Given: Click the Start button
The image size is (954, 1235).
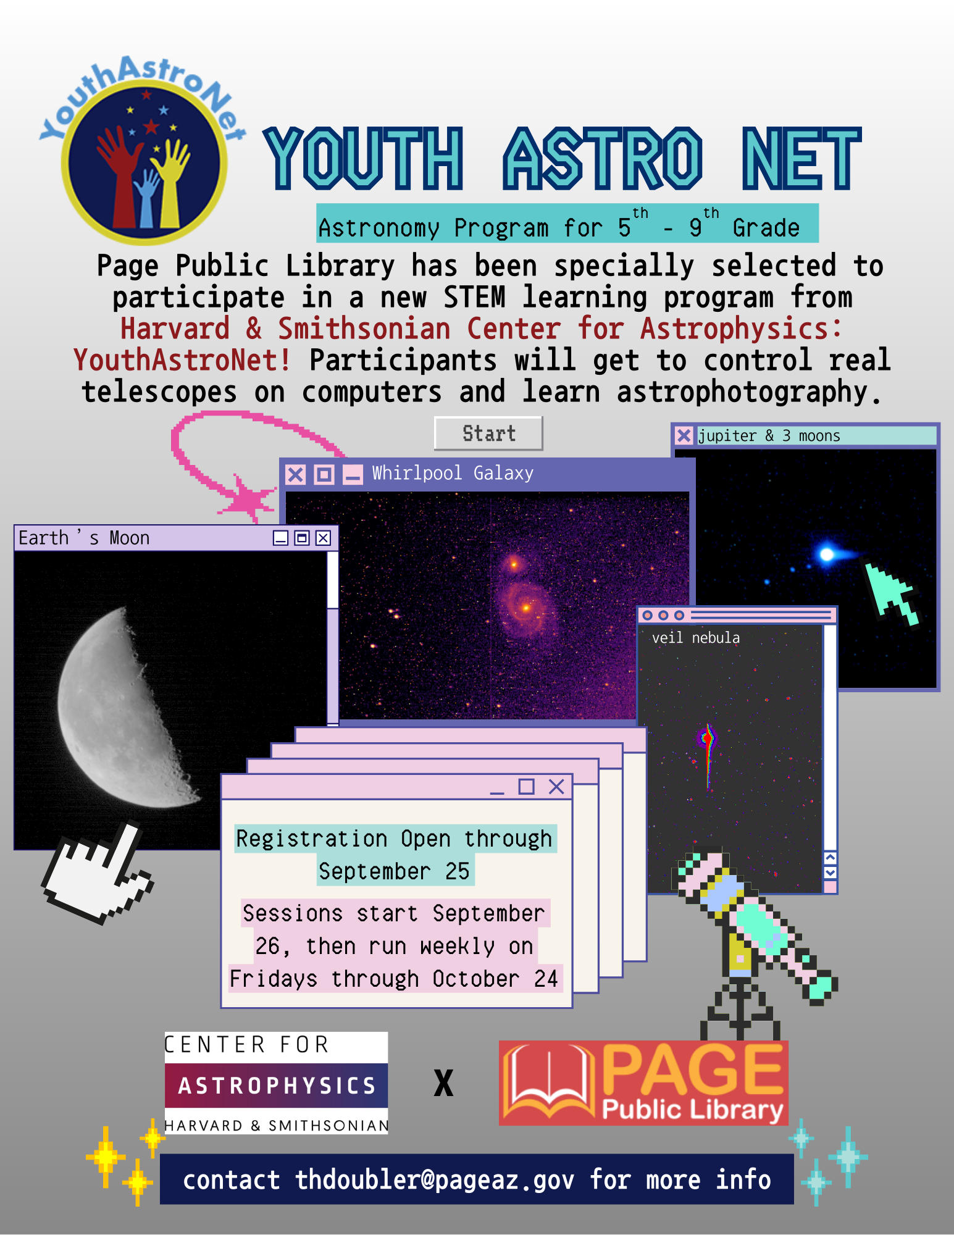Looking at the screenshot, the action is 488,433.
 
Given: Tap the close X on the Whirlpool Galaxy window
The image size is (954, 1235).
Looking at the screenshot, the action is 296,474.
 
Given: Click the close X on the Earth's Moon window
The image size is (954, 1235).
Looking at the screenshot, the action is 323,538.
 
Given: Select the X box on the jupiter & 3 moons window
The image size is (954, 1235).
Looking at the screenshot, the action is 684,435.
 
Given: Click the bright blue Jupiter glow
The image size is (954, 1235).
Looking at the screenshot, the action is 827,554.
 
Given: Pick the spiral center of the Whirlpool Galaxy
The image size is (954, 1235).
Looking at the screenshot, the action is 526,608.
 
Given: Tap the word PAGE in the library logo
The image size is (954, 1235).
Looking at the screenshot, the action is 692,1070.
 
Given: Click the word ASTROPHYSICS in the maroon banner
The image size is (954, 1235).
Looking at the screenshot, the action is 277,1086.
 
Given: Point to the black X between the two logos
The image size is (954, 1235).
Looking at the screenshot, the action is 443,1083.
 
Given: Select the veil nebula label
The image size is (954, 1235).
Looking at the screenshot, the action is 696,637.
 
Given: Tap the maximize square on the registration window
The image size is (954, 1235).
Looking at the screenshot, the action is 526,786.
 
